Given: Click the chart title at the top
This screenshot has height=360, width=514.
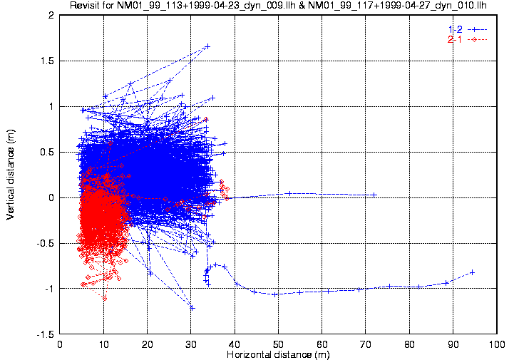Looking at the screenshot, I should pyautogui.click(x=278, y=6).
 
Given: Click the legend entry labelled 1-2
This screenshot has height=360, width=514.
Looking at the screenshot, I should pyautogui.click(x=455, y=29).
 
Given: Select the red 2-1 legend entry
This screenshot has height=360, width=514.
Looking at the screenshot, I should pyautogui.click(x=455, y=39).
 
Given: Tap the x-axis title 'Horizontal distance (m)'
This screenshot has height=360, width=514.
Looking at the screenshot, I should pyautogui.click(x=278, y=354).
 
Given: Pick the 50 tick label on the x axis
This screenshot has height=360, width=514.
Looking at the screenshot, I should pyautogui.click(x=279, y=343).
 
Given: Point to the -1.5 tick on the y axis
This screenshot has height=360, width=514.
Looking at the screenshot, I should pyautogui.click(x=46, y=334).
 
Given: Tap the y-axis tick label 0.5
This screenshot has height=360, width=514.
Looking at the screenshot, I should pyautogui.click(x=48, y=152).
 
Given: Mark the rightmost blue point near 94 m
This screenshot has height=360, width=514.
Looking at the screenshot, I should pyautogui.click(x=472, y=272).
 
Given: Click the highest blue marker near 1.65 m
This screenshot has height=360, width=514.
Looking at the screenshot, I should pyautogui.click(x=207, y=46).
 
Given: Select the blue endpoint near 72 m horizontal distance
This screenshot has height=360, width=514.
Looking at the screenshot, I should pyautogui.click(x=374, y=195).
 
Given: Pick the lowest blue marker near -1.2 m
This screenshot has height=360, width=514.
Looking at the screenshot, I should pyautogui.click(x=192, y=307).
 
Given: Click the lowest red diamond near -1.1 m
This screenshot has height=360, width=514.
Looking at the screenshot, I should pyautogui.click(x=105, y=298).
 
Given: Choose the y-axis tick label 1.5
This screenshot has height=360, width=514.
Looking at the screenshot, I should pyautogui.click(x=48, y=61).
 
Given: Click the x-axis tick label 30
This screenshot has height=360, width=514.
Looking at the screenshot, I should pyautogui.click(x=192, y=343).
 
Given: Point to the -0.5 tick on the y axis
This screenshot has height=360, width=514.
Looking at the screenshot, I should pyautogui.click(x=46, y=243).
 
